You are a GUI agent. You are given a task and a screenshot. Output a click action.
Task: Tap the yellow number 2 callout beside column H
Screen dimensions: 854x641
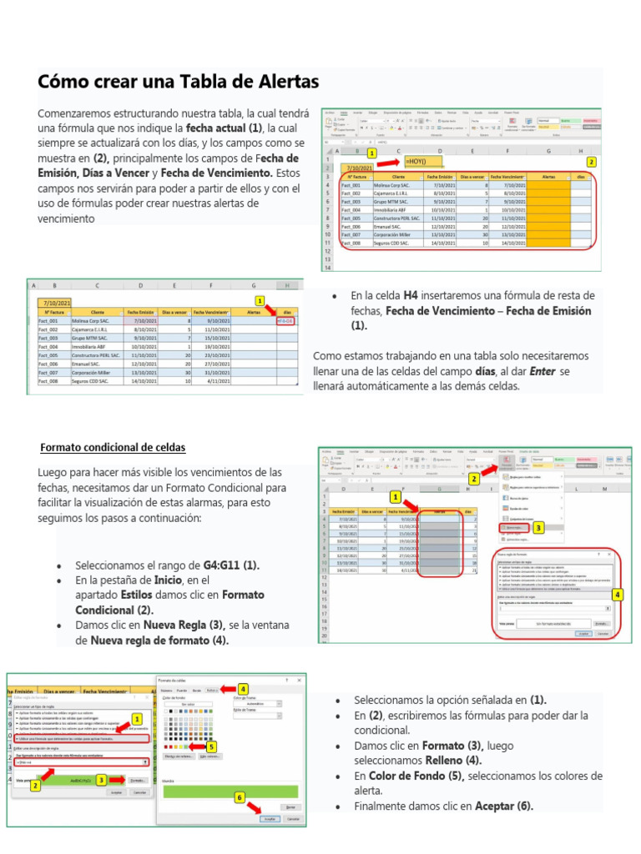coord(591,162)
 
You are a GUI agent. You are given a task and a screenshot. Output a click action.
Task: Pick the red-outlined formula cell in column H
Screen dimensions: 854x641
coord(285,319)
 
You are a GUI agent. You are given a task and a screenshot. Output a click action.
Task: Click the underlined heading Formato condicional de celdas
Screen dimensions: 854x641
coord(113,448)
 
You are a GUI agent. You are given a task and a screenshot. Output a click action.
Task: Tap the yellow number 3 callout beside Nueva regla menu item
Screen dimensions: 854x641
coord(538,528)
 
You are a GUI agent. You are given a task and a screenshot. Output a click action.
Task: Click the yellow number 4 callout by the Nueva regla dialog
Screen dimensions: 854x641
coord(617,594)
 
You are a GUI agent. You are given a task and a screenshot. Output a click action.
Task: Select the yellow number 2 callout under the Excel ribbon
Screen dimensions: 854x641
coord(473,479)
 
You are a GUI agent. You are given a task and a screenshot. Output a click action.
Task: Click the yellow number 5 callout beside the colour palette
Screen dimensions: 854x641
coord(211,746)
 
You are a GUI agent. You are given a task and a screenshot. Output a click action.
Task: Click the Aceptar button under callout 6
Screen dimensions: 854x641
coord(269,819)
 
